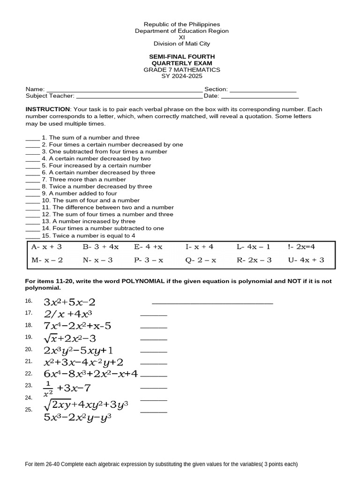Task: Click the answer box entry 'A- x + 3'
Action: pyautogui.click(x=46, y=247)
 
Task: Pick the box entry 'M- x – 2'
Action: pyautogui.click(x=47, y=260)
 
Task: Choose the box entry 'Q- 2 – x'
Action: pyautogui.click(x=201, y=260)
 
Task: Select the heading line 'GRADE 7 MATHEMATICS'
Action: pyautogui.click(x=181, y=70)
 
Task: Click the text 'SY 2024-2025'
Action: pyautogui.click(x=181, y=76)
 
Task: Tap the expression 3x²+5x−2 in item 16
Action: pyautogui.click(x=69, y=302)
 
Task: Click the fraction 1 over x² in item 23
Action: pyautogui.click(x=48, y=389)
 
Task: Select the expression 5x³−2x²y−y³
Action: pyautogui.click(x=77, y=417)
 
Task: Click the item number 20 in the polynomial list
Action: pyautogui.click(x=28, y=349)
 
